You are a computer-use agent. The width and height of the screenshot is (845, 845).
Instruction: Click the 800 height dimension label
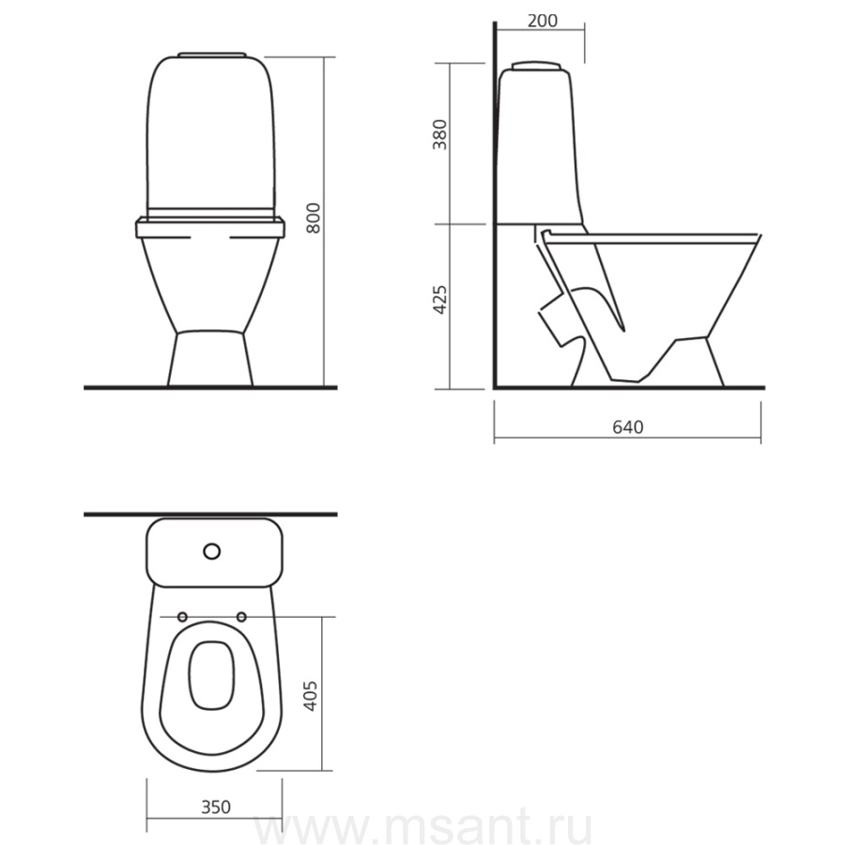coord(313,218)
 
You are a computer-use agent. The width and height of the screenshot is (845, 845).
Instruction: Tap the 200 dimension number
coord(542,21)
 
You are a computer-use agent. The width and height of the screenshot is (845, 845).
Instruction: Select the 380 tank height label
coord(440,134)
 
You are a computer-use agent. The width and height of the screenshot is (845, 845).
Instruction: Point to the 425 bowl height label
coord(440,300)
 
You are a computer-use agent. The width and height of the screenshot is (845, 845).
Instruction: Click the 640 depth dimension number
coord(628,427)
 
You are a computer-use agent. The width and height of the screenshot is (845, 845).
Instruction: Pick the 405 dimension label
coord(309,696)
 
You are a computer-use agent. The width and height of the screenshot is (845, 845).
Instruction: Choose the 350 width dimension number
coord(216,807)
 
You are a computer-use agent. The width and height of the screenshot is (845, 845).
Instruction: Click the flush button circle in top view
coord(212,551)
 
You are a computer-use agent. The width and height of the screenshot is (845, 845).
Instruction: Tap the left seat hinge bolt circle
coord(182,617)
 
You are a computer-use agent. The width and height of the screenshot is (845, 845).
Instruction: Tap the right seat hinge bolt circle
coord(241,617)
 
